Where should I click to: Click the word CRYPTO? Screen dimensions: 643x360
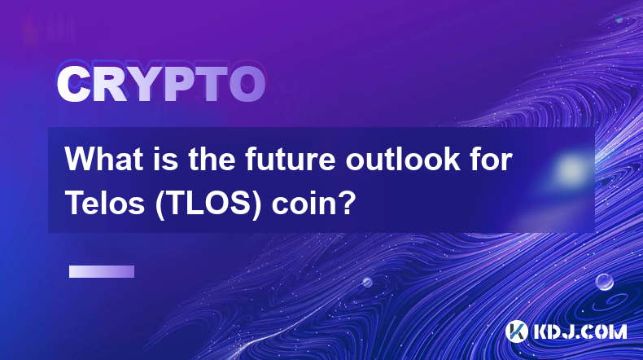tap(161, 84)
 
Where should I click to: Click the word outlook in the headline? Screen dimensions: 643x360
tap(403, 159)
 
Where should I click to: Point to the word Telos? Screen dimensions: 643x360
tap(105, 203)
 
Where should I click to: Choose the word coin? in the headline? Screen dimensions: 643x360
tap(311, 204)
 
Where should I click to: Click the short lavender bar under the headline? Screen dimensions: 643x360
tap(102, 272)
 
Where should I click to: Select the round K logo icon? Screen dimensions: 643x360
tap(516, 331)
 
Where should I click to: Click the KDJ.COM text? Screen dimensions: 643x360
tap(580, 331)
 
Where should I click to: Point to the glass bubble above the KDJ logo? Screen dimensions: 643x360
tap(604, 282)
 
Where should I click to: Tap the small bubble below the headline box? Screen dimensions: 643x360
tap(367, 282)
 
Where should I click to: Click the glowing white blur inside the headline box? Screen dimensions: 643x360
tap(571, 169)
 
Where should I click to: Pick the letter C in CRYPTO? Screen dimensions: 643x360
tap(73, 84)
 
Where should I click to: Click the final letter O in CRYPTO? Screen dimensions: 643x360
tap(247, 84)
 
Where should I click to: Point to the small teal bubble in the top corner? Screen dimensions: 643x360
tap(619, 19)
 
